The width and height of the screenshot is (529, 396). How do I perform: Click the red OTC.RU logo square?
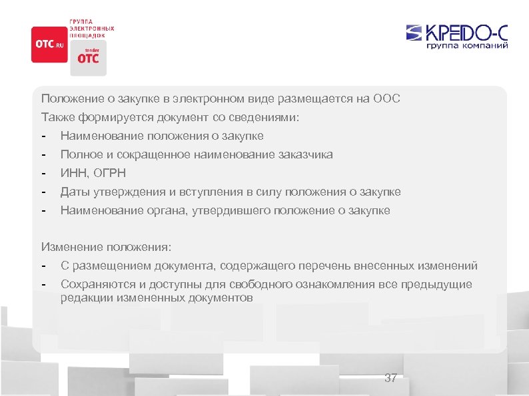(49, 45)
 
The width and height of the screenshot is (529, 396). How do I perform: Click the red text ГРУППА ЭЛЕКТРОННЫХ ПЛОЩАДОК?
(92, 28)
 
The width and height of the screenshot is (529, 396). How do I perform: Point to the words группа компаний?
(467, 47)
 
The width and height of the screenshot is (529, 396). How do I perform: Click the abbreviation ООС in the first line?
(386, 99)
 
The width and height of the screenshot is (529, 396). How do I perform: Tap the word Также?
(57, 117)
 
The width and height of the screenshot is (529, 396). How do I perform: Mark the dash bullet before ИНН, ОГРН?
(43, 173)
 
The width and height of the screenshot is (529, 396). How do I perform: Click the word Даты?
(74, 192)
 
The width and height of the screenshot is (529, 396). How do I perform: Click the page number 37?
(390, 378)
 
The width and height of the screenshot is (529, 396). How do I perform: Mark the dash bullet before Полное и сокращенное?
(43, 154)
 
